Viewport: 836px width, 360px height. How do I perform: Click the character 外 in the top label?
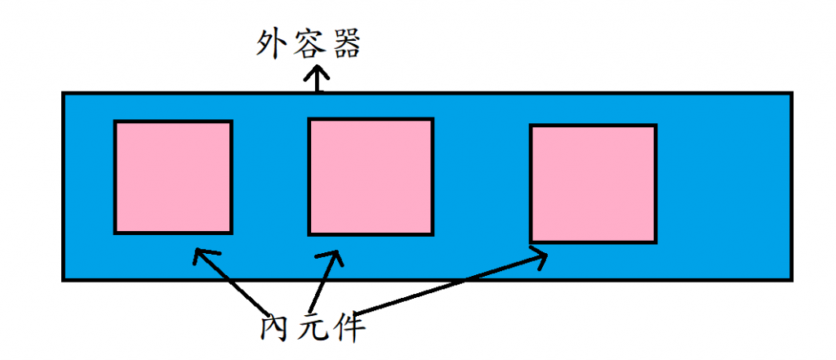tap(271, 46)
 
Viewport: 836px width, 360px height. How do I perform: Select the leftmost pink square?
tap(173, 177)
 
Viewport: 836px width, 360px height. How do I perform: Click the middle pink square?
tap(370, 176)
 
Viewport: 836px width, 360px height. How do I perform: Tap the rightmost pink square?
tap(594, 184)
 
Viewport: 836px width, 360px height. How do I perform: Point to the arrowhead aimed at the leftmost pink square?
tap(199, 255)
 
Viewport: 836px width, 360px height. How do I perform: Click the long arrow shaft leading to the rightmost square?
tap(449, 286)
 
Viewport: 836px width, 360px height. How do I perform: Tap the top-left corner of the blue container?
tap(64, 93)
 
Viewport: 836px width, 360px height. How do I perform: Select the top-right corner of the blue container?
tap(790, 93)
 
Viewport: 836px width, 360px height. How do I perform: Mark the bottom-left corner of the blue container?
tap(64, 279)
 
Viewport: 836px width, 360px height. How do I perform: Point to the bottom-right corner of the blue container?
tap(790, 279)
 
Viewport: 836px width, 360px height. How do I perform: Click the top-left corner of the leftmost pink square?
tap(115, 122)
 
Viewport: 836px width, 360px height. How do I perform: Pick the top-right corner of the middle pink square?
tap(431, 120)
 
